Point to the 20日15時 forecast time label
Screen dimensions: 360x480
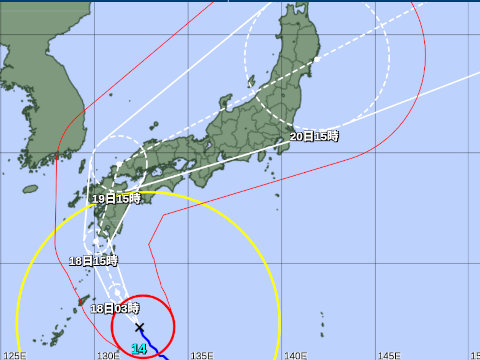coord(314,136)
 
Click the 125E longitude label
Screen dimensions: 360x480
coord(14,353)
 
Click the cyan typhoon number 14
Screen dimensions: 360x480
coord(139,349)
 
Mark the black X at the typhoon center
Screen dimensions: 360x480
coord(139,327)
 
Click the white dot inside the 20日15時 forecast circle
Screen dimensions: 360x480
coord(315,60)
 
